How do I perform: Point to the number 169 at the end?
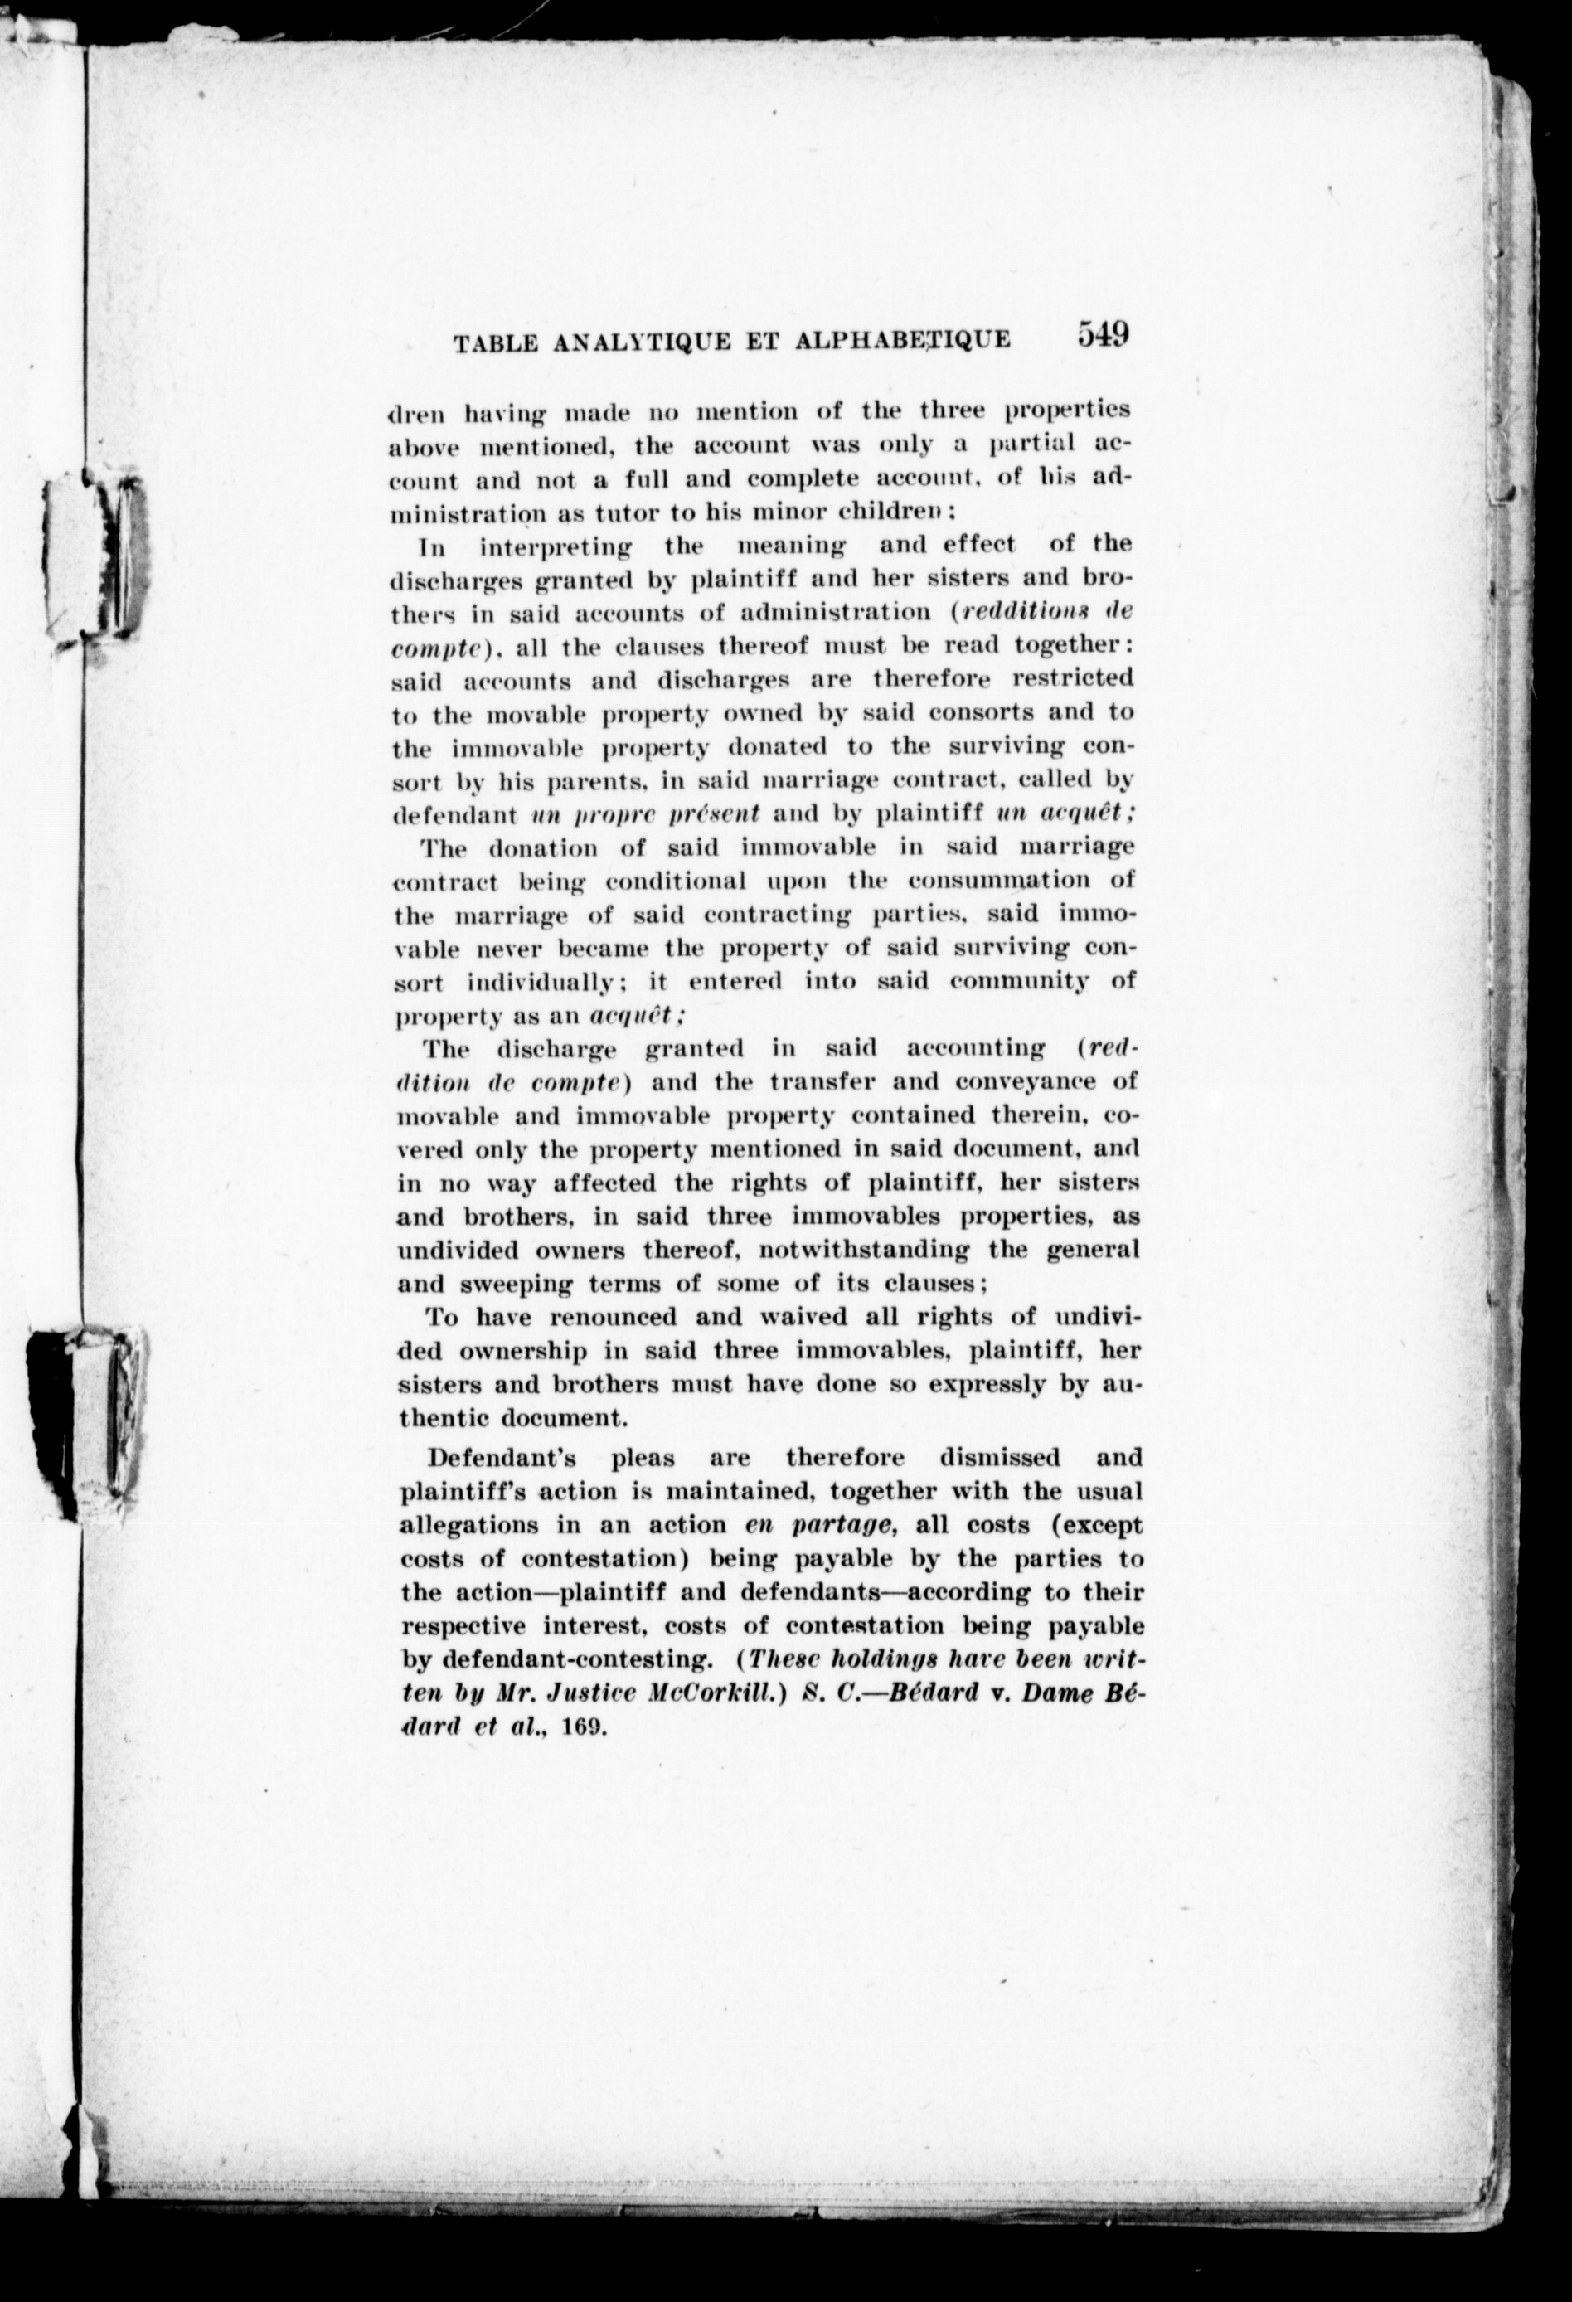point(584,1726)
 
